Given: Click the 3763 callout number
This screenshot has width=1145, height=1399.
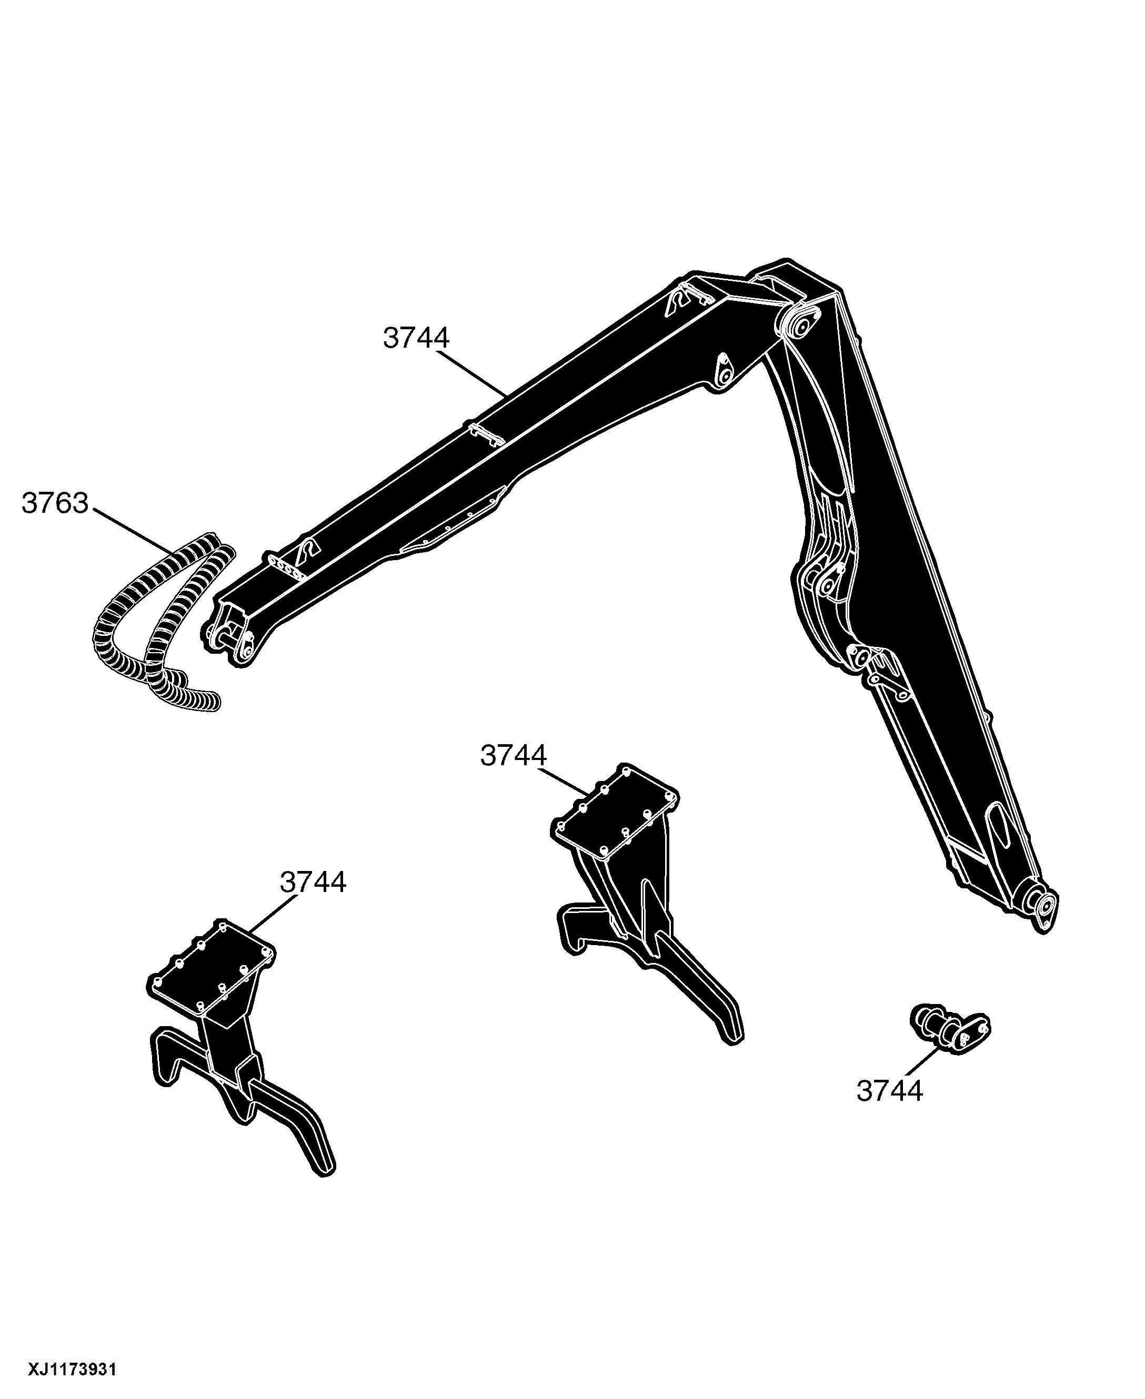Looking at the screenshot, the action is click(x=55, y=503).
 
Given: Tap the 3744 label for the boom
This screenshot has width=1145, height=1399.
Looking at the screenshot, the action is click(x=416, y=338).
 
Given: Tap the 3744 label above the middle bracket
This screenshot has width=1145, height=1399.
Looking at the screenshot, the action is click(x=514, y=756).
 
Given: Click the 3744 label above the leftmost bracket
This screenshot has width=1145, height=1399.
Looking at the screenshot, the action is click(x=313, y=882).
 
